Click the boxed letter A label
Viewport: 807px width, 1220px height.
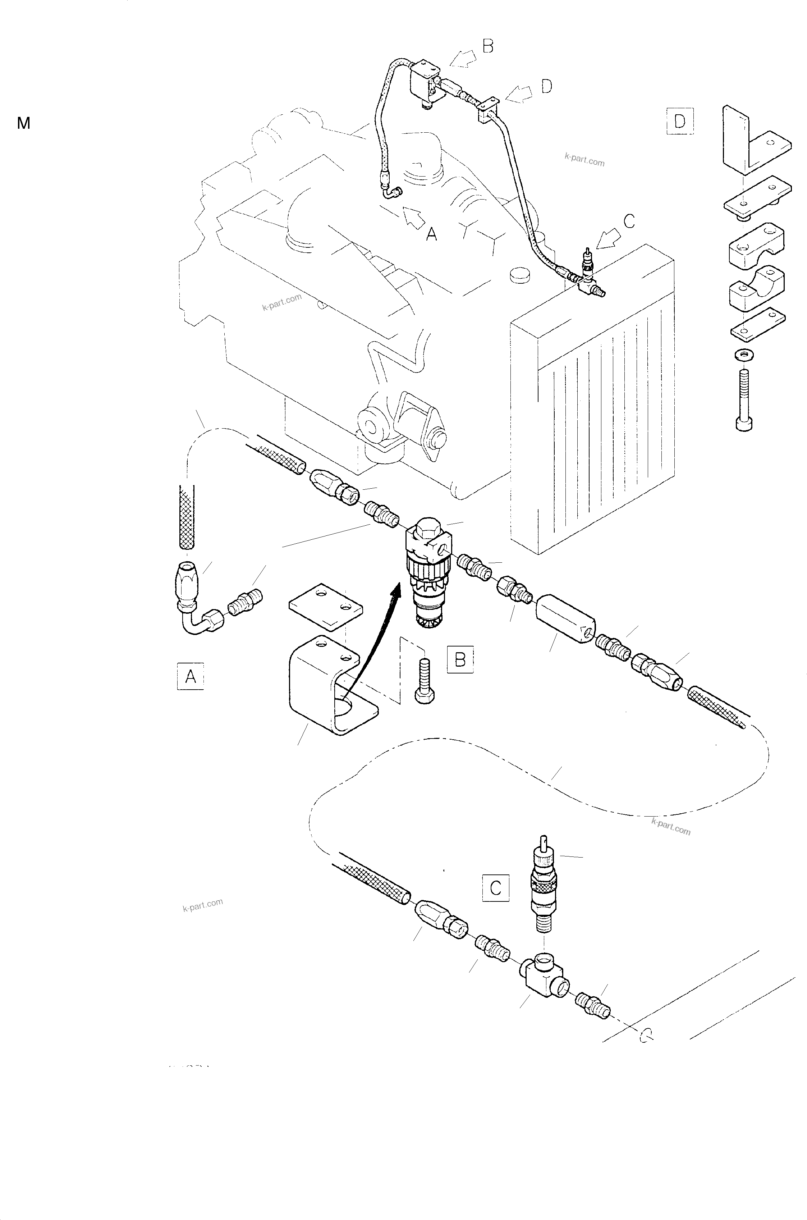(191, 676)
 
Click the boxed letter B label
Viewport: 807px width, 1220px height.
(460, 659)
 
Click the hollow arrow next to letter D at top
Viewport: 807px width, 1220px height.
(520, 93)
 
